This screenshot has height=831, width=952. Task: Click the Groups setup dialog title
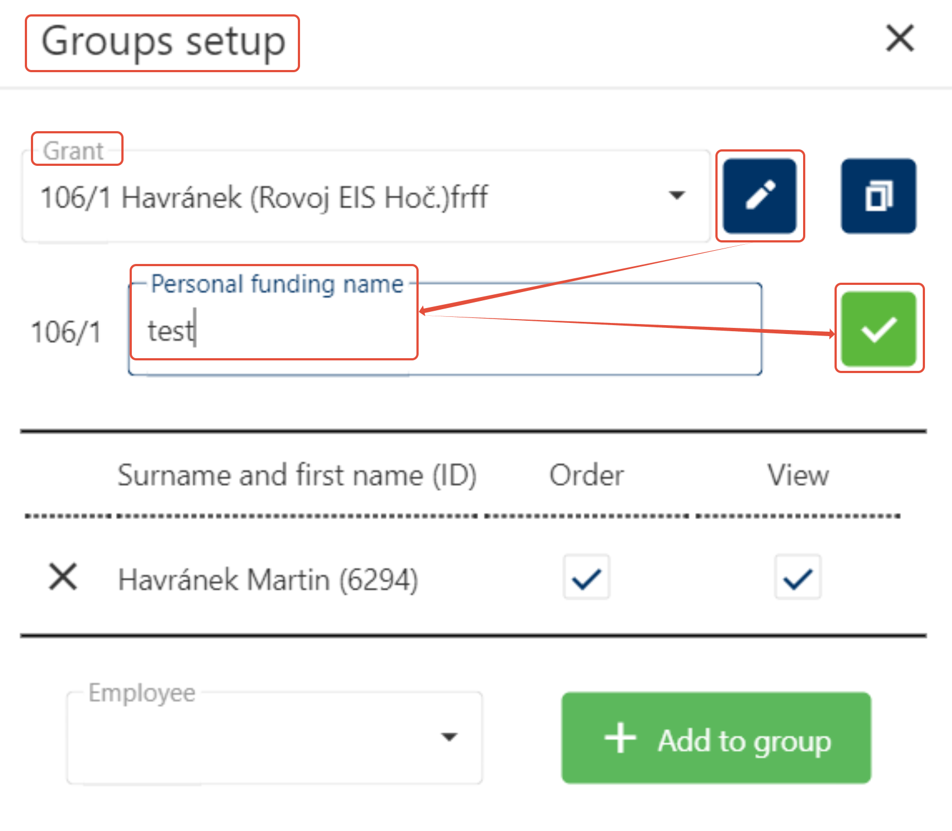[163, 42]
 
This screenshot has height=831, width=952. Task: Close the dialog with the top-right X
[900, 39]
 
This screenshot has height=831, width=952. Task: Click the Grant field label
[73, 150]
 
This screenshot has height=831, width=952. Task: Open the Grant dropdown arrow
[676, 195]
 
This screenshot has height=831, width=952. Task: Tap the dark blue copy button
[878, 196]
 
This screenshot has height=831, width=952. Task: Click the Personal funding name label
[277, 284]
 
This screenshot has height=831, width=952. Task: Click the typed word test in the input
[170, 331]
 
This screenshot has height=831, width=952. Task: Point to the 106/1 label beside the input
[66, 332]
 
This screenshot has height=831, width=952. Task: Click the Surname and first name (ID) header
[297, 475]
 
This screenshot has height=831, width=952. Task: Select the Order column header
[586, 475]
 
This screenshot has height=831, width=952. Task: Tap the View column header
[798, 475]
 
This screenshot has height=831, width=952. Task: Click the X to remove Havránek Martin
[63, 577]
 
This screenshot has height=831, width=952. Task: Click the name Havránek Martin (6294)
[268, 580]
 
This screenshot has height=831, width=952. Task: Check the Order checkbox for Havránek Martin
[586, 578]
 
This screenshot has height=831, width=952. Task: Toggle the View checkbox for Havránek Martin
[798, 578]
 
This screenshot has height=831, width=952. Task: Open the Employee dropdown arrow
[450, 737]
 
